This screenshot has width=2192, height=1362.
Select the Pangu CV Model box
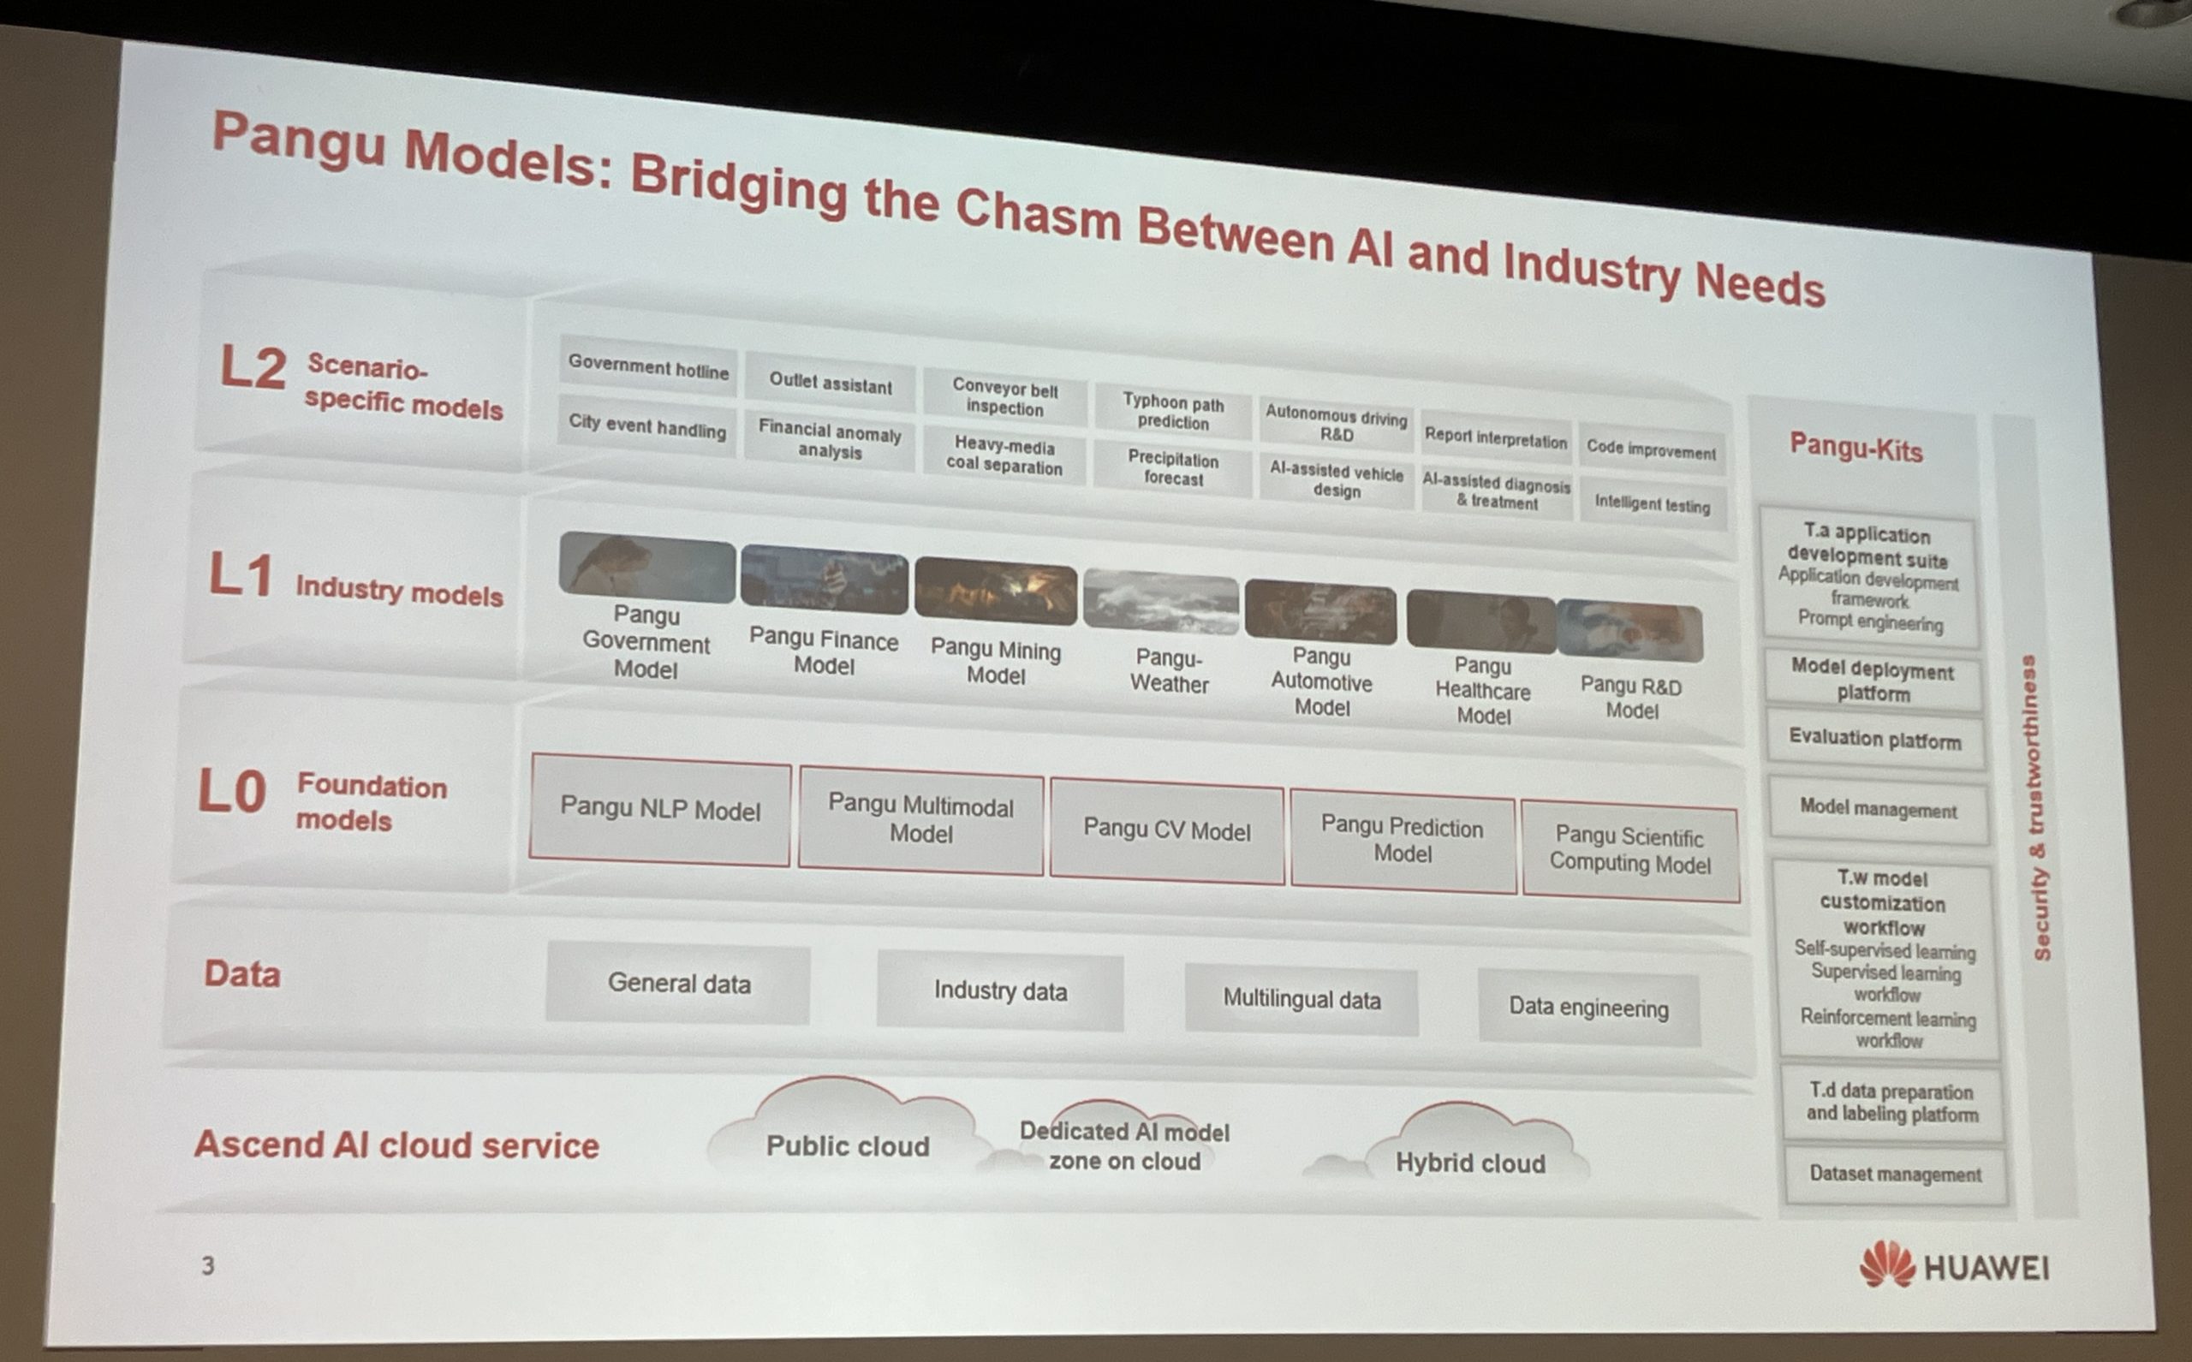point(1167,830)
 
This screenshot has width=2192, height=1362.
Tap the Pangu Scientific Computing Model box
point(1630,849)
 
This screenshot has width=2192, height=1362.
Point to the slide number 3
point(208,1265)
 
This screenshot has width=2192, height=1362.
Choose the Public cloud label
point(847,1145)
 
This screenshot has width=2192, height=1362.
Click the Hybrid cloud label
point(1470,1163)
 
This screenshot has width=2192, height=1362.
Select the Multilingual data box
point(1301,999)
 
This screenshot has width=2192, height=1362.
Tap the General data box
point(678,982)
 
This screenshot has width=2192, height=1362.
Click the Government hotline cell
point(648,366)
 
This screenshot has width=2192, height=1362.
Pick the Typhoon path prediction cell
point(1173,411)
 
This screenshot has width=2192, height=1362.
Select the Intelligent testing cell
point(1653,503)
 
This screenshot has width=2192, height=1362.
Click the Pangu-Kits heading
point(1856,447)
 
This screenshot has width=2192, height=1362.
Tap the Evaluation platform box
point(1875,739)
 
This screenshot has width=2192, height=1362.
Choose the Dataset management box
point(1896,1174)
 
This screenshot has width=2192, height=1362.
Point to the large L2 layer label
point(253,367)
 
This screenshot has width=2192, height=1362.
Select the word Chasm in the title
point(1038,217)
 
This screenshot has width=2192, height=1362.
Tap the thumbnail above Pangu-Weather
point(1160,601)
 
